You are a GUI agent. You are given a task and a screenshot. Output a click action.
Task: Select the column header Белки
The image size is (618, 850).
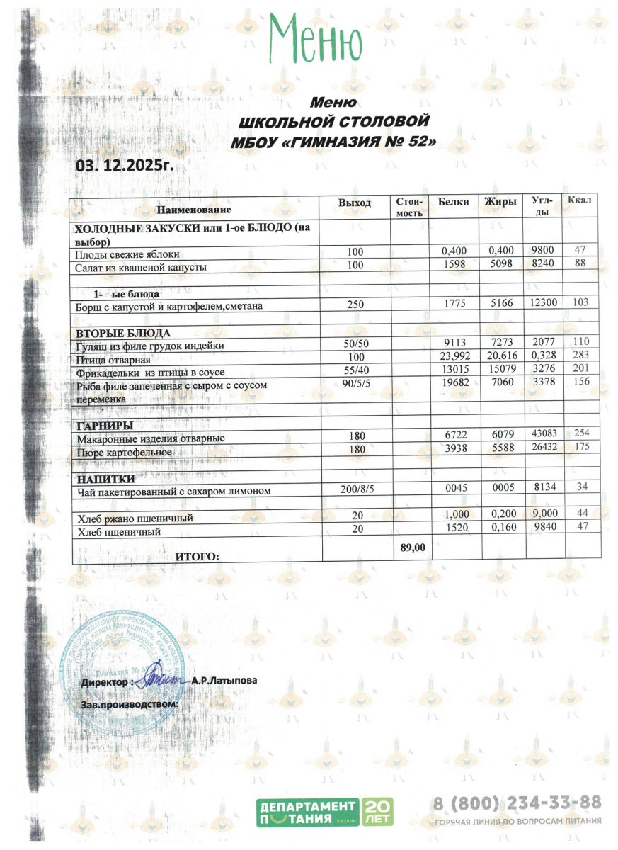click(x=453, y=203)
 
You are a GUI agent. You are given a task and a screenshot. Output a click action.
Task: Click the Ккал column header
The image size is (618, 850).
click(x=580, y=202)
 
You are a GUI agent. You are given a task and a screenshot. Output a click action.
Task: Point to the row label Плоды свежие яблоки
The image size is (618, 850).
click(x=128, y=254)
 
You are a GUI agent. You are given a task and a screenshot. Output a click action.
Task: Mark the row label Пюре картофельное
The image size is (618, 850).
click(x=124, y=451)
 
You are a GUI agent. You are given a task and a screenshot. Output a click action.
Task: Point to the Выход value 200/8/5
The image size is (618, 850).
click(x=355, y=490)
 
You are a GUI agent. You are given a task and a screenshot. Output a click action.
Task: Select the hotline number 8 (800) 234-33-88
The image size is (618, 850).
click(x=517, y=803)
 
